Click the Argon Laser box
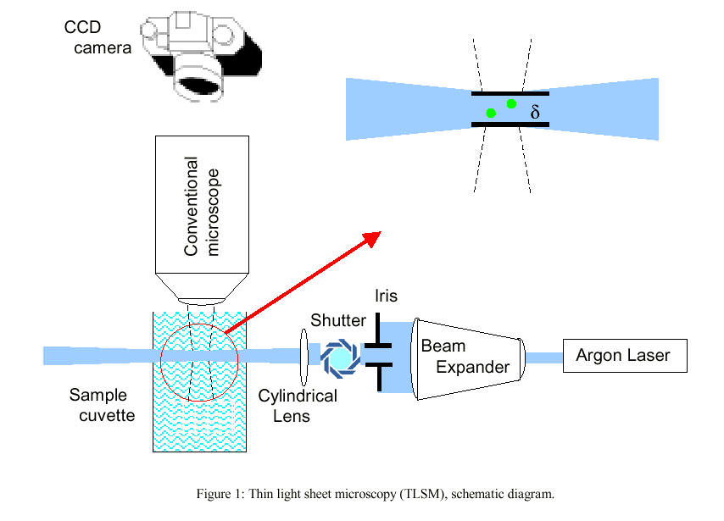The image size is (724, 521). click(623, 355)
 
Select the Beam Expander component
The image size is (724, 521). click(466, 357)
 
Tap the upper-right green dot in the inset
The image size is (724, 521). click(511, 103)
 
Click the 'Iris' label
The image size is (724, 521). click(386, 296)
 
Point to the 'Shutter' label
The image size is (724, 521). click(337, 320)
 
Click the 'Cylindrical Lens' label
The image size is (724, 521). click(297, 406)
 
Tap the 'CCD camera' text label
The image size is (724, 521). click(97, 38)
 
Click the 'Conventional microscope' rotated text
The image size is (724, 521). click(203, 206)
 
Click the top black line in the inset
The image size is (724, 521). click(510, 92)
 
